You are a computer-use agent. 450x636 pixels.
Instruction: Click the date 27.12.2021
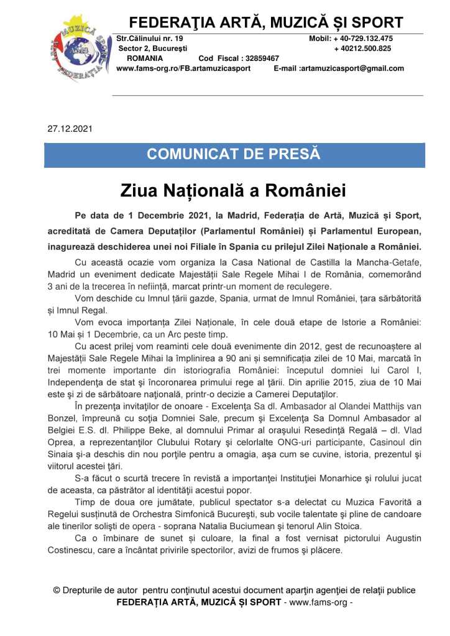[x=70, y=130]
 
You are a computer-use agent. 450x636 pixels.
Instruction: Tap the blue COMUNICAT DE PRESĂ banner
[x=234, y=154]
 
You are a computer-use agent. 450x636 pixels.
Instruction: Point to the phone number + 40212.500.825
[x=362, y=48]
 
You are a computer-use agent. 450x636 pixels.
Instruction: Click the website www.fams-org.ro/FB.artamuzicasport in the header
[x=183, y=68]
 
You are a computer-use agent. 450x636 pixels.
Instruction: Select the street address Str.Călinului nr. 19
[x=150, y=39]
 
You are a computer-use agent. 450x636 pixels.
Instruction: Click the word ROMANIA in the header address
[x=144, y=58]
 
